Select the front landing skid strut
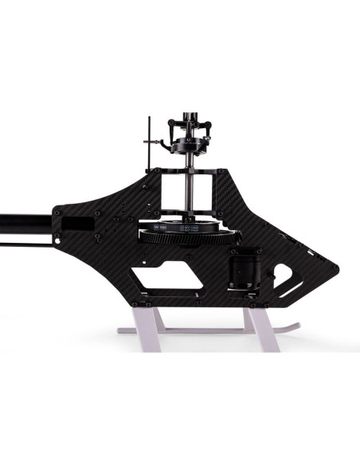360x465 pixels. [x=260, y=322]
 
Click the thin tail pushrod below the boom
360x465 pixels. [x=24, y=235]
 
